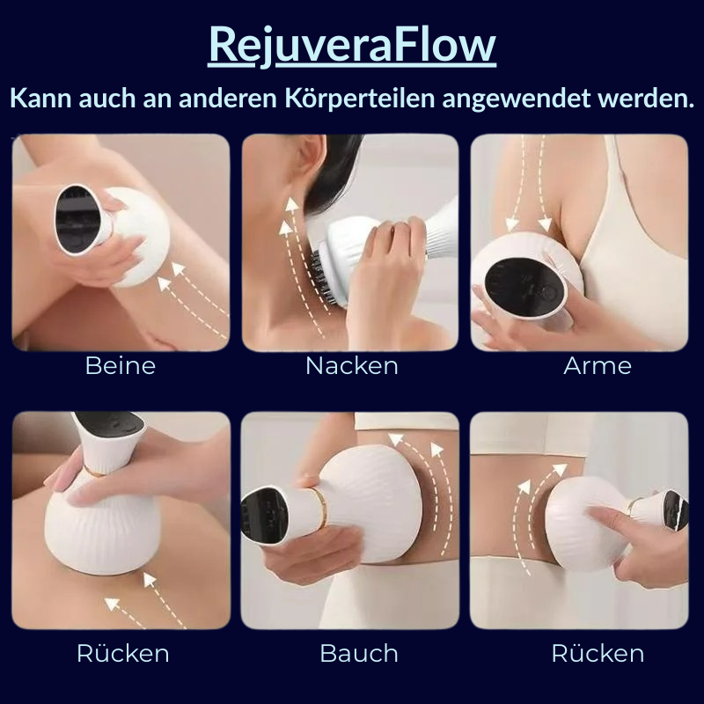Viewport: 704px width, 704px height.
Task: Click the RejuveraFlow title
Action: tap(352, 46)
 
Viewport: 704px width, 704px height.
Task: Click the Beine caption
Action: tap(120, 366)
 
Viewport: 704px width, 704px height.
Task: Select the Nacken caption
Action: tap(351, 366)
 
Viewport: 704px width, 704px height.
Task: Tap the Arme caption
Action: tap(597, 366)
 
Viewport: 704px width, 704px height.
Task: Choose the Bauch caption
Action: tap(358, 654)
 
